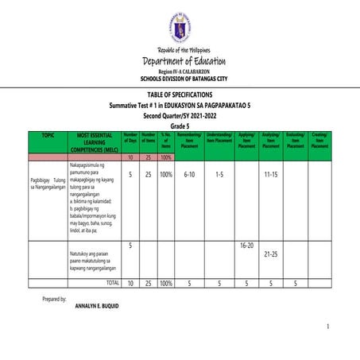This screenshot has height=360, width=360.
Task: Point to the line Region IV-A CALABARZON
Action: click(x=180, y=72)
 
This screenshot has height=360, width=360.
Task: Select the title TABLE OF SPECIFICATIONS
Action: click(x=180, y=95)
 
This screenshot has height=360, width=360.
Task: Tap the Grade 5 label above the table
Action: click(x=180, y=126)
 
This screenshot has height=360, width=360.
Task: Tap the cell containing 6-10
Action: click(x=189, y=173)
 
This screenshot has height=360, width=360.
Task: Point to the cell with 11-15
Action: click(x=270, y=173)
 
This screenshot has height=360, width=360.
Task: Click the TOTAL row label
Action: click(x=111, y=282)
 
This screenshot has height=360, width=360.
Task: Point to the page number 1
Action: click(x=327, y=327)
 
